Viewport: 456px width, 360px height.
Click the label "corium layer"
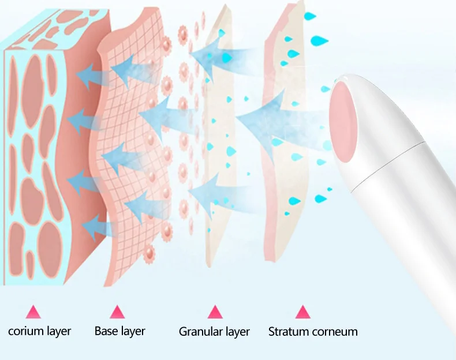click(x=40, y=331)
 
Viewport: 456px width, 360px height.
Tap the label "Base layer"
click(x=119, y=331)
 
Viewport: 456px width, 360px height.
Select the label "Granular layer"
click(x=214, y=332)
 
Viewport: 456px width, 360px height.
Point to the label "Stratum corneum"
click(x=313, y=332)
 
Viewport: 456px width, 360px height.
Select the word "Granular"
click(x=200, y=332)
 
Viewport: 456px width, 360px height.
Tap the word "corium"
click(x=25, y=331)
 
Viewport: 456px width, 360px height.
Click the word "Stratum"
click(x=288, y=332)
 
